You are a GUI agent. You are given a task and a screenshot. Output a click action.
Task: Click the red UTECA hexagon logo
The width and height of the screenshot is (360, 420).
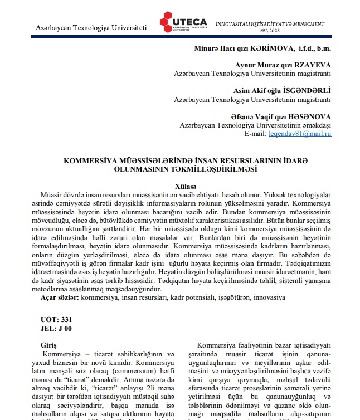point(169,21)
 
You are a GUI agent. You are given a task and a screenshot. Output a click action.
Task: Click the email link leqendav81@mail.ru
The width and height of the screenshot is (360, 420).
point(300,134)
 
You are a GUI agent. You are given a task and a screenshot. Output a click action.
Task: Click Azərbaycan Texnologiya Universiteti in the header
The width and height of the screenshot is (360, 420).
point(91,27)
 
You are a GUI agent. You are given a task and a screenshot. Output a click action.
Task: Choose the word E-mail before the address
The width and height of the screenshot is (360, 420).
point(255,134)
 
